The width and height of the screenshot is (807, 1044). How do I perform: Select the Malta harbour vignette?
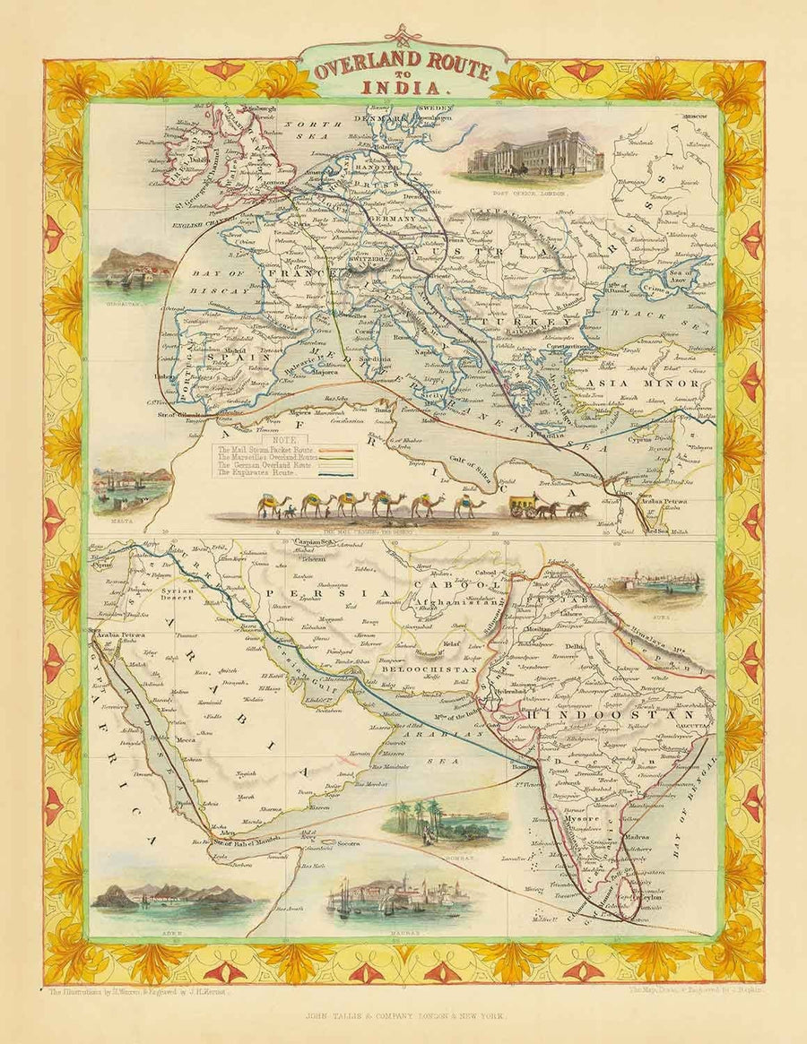(x=132, y=488)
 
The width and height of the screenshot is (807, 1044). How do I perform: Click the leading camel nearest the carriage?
(x=469, y=505)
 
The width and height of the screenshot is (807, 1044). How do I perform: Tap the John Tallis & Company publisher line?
(x=403, y=1015)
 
